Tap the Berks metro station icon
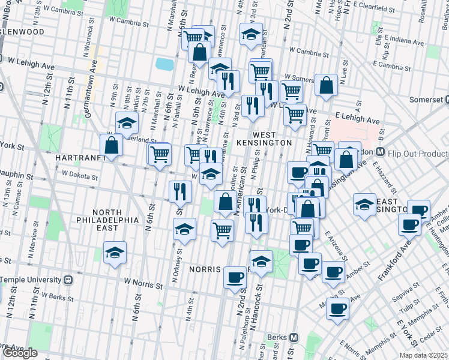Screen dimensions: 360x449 tap(294, 337)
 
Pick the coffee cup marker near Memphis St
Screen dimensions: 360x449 tap(338, 309)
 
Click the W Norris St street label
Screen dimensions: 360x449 tap(143, 280)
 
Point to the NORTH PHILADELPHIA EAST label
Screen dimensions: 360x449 tap(107, 220)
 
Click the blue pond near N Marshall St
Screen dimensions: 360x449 tap(163, 64)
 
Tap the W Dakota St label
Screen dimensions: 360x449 tap(79, 176)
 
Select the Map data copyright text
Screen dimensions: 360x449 tap(422, 355)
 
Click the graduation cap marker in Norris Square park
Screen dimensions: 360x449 tap(261, 262)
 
